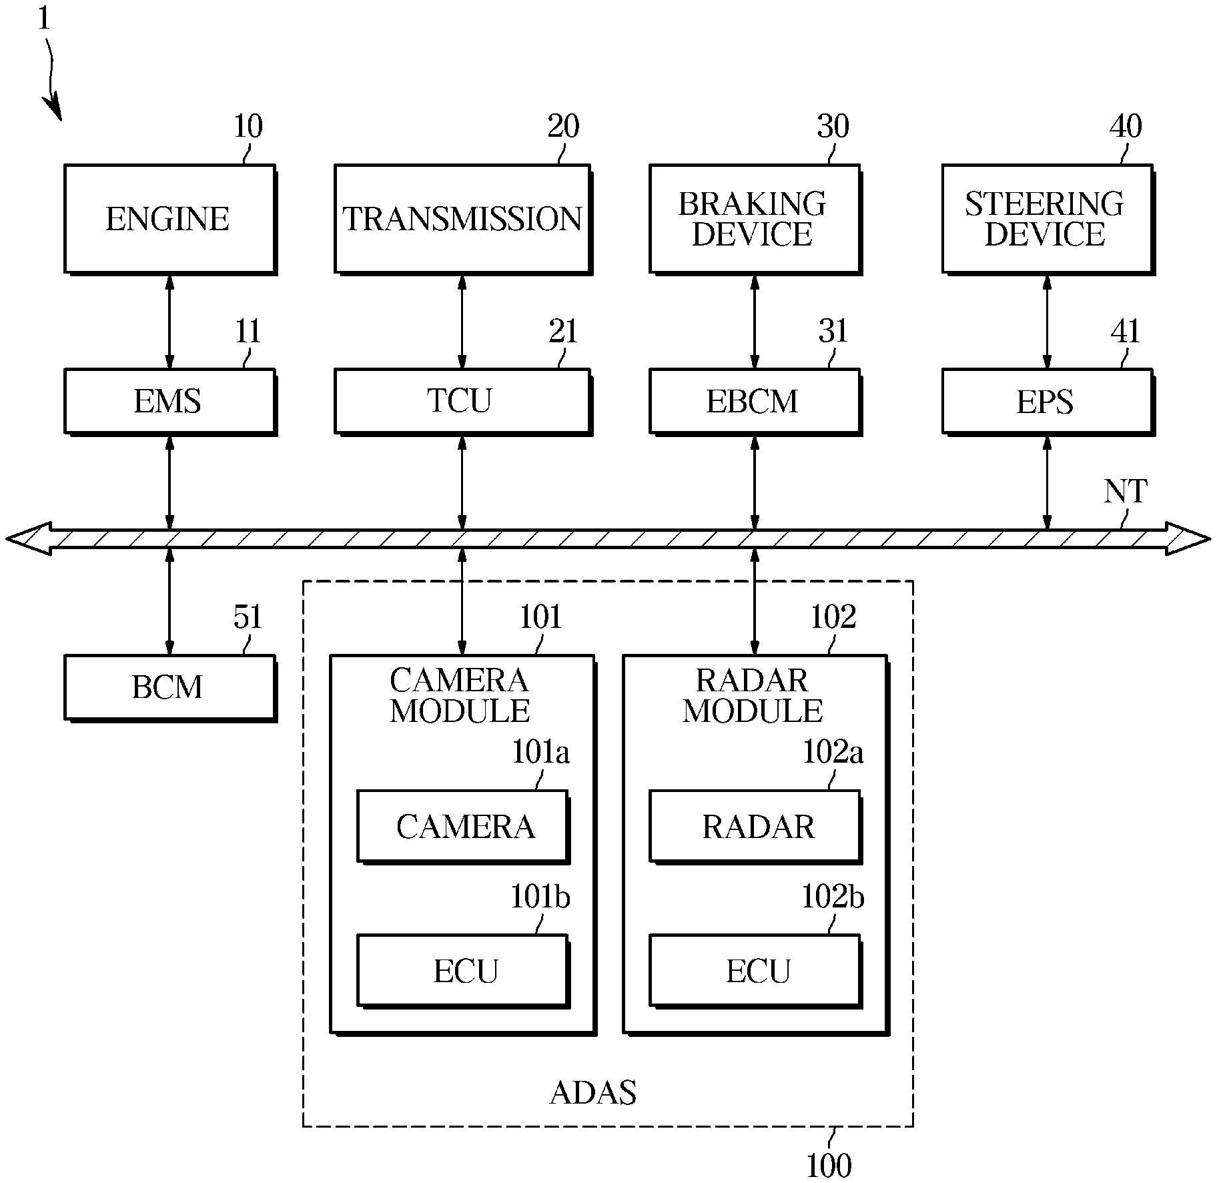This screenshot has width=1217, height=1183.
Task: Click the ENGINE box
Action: point(169,219)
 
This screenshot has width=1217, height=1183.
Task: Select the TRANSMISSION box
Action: point(462,219)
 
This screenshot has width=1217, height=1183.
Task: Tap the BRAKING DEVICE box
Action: point(754,219)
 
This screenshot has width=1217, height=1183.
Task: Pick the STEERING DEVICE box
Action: point(1047,219)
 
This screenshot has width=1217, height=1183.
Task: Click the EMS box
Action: point(169,402)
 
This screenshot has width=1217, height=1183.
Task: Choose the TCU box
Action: point(462,401)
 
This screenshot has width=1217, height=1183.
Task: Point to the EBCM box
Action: point(754,402)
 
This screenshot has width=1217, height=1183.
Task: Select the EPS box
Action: point(1047,402)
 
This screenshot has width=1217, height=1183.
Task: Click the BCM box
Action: point(169,687)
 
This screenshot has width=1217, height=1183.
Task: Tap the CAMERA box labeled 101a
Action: point(462,826)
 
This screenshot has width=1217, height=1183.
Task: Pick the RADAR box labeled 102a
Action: point(755,826)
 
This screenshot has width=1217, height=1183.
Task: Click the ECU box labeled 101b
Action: point(462,971)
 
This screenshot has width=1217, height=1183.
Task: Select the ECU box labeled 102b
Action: point(755,971)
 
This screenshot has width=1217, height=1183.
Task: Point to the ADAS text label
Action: point(593,1092)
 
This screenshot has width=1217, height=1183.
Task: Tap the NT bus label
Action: point(1125,492)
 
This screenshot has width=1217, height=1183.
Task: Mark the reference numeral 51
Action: point(248,617)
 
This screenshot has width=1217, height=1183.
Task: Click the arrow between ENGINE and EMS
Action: point(169,321)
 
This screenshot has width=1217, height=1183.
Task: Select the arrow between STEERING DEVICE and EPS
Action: point(1047,321)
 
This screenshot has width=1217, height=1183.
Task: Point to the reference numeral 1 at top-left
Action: point(43,18)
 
